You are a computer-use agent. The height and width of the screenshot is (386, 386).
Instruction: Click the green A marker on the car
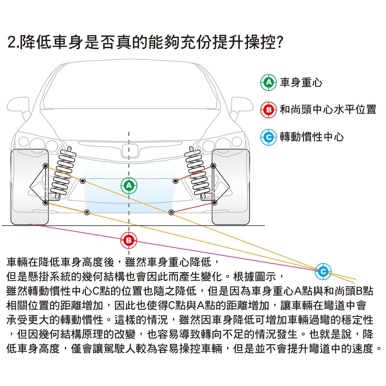point(129,185)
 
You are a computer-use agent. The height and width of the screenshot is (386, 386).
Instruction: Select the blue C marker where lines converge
point(323,271)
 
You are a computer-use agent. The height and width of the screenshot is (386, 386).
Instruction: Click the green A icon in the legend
point(268,82)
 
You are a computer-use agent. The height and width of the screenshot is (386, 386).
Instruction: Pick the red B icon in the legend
point(268,110)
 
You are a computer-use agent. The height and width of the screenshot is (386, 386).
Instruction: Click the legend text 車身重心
point(301,83)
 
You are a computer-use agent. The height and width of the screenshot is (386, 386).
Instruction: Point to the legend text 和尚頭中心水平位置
point(328,110)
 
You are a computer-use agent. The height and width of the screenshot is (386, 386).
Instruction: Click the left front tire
point(30,187)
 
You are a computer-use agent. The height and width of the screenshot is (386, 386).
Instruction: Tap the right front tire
point(231,187)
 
